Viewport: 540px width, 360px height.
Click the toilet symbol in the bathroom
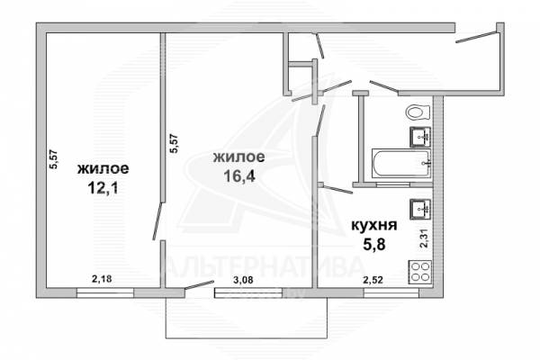point(418,112)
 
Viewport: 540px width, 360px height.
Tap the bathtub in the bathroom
point(401,164)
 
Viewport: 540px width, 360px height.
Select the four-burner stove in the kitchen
point(419,272)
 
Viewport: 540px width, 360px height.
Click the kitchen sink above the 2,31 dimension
point(420,210)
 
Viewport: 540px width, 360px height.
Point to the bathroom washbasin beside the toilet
point(420,137)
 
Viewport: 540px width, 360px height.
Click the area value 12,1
point(103,188)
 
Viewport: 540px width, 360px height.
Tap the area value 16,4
point(239,176)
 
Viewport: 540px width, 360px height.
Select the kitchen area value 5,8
point(373,244)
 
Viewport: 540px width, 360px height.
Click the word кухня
point(374,226)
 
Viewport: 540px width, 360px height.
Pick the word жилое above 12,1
point(103,169)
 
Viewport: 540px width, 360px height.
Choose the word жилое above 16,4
point(239,157)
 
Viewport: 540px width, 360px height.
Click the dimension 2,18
point(102,279)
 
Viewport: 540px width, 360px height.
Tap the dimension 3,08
point(243,280)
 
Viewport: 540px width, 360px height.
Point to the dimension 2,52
point(373,280)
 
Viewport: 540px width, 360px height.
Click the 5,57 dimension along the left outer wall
point(55,159)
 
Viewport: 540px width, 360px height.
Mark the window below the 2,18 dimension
point(104,292)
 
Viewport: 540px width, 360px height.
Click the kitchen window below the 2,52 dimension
point(391,292)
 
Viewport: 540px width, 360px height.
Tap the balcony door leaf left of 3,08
point(200,285)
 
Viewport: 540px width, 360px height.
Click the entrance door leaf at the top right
point(477,37)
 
